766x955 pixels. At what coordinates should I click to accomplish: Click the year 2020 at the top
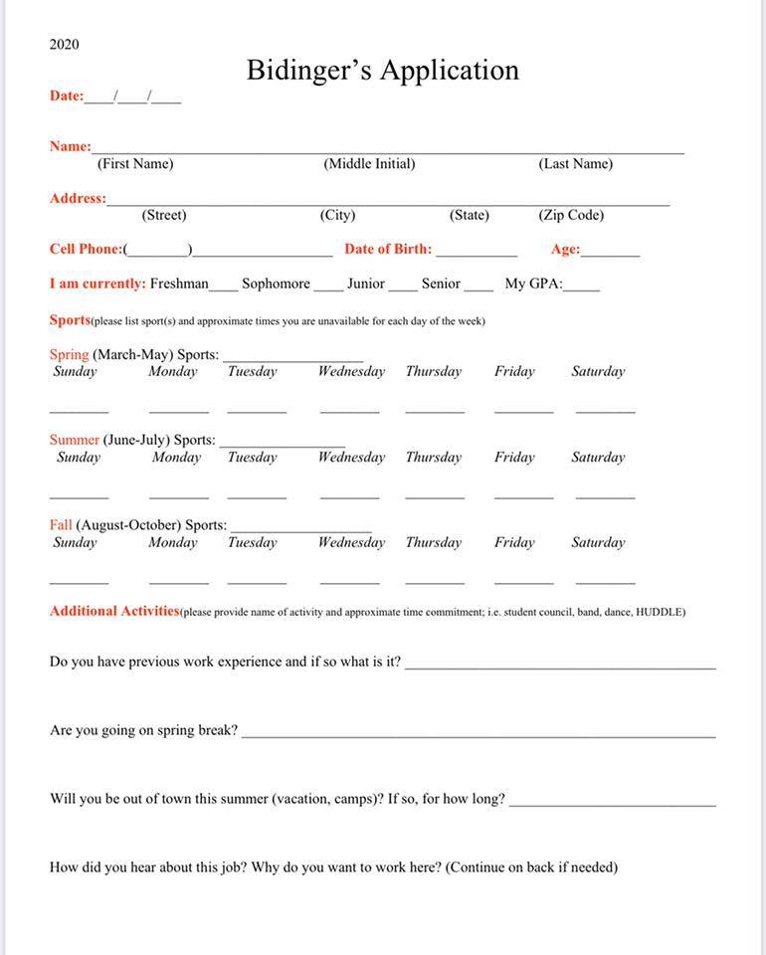click(x=64, y=45)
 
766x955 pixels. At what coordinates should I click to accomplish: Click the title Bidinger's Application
click(x=382, y=71)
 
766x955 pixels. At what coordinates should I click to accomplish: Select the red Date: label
click(x=67, y=96)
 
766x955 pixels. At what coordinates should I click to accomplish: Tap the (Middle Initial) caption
click(x=369, y=164)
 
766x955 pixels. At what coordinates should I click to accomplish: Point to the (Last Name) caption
click(x=575, y=164)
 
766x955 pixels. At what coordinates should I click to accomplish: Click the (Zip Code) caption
click(x=571, y=215)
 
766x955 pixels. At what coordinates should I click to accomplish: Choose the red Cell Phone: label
click(x=87, y=250)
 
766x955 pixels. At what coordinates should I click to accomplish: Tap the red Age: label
click(x=565, y=250)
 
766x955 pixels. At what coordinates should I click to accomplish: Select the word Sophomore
click(x=276, y=284)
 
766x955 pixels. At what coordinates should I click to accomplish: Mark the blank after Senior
click(x=478, y=287)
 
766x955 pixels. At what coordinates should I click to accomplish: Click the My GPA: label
click(x=533, y=284)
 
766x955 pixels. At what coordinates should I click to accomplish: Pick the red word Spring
click(x=69, y=354)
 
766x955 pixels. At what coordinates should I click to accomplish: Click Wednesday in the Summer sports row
click(x=351, y=458)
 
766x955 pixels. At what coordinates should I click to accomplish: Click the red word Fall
click(x=61, y=524)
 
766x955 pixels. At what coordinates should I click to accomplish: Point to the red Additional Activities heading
click(x=114, y=611)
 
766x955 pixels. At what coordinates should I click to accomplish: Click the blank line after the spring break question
click(x=479, y=735)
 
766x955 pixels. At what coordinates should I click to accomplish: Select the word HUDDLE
click(x=659, y=613)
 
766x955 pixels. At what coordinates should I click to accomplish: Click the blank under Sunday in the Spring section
click(x=79, y=409)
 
